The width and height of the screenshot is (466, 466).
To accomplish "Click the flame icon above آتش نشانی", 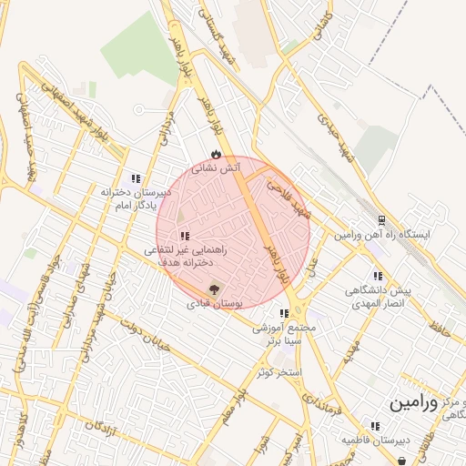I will click(x=215, y=155).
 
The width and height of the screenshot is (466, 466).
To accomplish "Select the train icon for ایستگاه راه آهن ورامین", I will click(x=381, y=219).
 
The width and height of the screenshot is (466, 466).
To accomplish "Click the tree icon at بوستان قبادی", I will click(x=215, y=289).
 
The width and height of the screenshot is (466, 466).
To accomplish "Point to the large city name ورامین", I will click(x=413, y=402).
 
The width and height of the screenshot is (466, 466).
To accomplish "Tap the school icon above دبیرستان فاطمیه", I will click(x=374, y=426).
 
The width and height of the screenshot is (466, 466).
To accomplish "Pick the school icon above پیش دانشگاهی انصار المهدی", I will click(x=376, y=276).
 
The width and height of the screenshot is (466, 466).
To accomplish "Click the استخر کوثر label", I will click(x=278, y=372).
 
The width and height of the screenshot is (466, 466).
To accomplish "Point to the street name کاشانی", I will click(x=323, y=25).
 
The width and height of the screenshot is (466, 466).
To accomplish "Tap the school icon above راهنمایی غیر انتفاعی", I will click(x=186, y=236).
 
